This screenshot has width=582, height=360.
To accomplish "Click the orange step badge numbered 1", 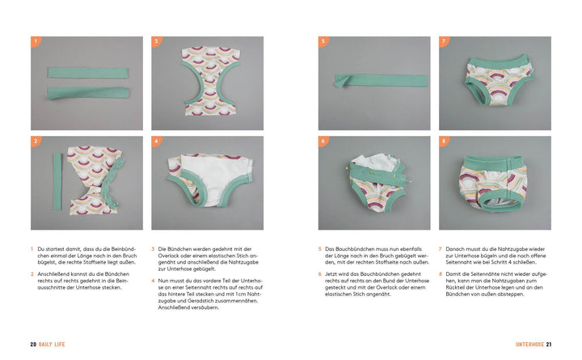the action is coord(36,41).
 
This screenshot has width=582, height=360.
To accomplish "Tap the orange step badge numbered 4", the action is coord(156,141).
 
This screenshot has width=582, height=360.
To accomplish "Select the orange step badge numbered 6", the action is coord(323,141).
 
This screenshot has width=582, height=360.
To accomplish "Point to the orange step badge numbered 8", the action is coord(444,141).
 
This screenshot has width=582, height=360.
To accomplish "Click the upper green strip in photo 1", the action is coord(88,72).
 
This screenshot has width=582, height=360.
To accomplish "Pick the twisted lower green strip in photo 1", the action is coord(88,92).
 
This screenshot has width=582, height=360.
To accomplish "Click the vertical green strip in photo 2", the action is coord(57,181).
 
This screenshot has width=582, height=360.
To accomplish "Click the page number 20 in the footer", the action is coord(33,345).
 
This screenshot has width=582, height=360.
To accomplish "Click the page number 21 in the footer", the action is coord(549,345).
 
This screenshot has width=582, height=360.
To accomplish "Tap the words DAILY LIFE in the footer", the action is coord(52,345).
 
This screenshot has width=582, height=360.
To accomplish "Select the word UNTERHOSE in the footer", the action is coord(529,345).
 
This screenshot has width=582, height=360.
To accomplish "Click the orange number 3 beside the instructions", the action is coord(153,249).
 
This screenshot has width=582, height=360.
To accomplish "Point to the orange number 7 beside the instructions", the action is coord(441,249).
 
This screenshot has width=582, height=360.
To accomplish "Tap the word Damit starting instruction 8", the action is coord(453,274).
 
